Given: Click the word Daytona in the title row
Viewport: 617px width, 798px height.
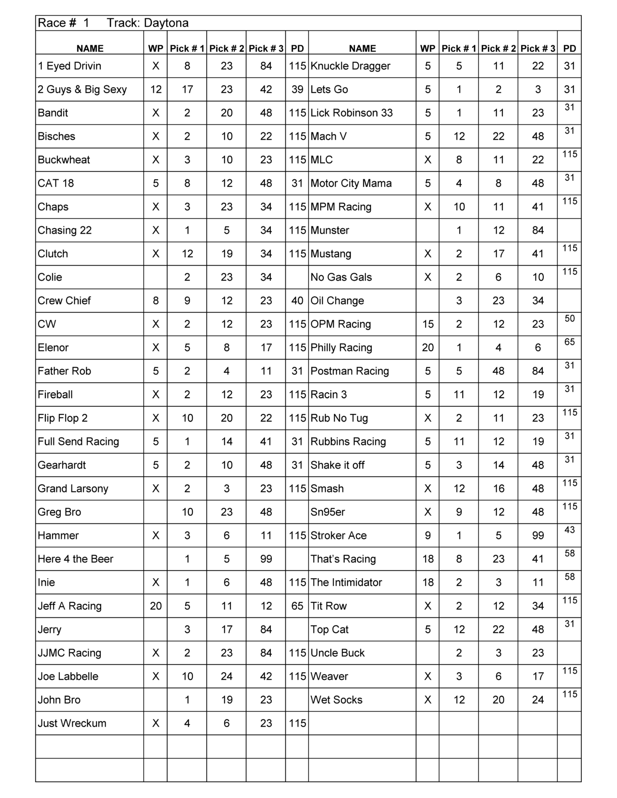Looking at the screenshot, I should (x=166, y=23).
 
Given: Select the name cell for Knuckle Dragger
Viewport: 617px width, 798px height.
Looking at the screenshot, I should (x=350, y=66).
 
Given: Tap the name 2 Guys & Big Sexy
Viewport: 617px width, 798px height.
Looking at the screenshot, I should (x=82, y=90).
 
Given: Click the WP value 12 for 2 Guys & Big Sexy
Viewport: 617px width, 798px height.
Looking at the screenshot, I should (x=156, y=90).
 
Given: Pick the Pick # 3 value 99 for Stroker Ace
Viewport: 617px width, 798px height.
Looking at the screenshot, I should (x=538, y=535).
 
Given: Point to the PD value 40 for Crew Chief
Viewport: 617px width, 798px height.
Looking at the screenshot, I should (x=297, y=301).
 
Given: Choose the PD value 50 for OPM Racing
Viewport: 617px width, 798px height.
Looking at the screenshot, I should (x=570, y=319).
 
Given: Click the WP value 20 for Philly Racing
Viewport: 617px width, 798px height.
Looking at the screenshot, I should (x=428, y=347).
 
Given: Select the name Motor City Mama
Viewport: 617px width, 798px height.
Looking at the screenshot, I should (x=351, y=184).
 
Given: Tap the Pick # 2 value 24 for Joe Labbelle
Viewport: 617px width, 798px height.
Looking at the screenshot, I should (x=227, y=677).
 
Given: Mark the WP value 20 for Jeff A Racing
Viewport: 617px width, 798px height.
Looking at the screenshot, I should (x=156, y=606).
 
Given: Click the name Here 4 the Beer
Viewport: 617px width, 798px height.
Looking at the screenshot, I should (x=76, y=559).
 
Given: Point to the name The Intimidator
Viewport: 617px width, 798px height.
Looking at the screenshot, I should (x=346, y=583).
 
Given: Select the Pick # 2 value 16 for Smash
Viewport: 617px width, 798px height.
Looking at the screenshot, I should (x=498, y=489).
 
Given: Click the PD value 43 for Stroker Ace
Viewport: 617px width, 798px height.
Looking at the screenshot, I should (x=570, y=530).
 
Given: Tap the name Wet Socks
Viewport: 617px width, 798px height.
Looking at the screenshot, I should (x=336, y=700).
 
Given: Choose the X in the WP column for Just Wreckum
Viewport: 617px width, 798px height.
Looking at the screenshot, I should (x=156, y=723).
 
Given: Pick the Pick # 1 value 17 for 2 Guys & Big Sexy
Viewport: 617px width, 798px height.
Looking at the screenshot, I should (x=187, y=90).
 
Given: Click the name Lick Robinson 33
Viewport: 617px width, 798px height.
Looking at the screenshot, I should (x=351, y=113).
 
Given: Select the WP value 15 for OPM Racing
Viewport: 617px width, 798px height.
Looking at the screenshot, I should (x=428, y=324).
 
